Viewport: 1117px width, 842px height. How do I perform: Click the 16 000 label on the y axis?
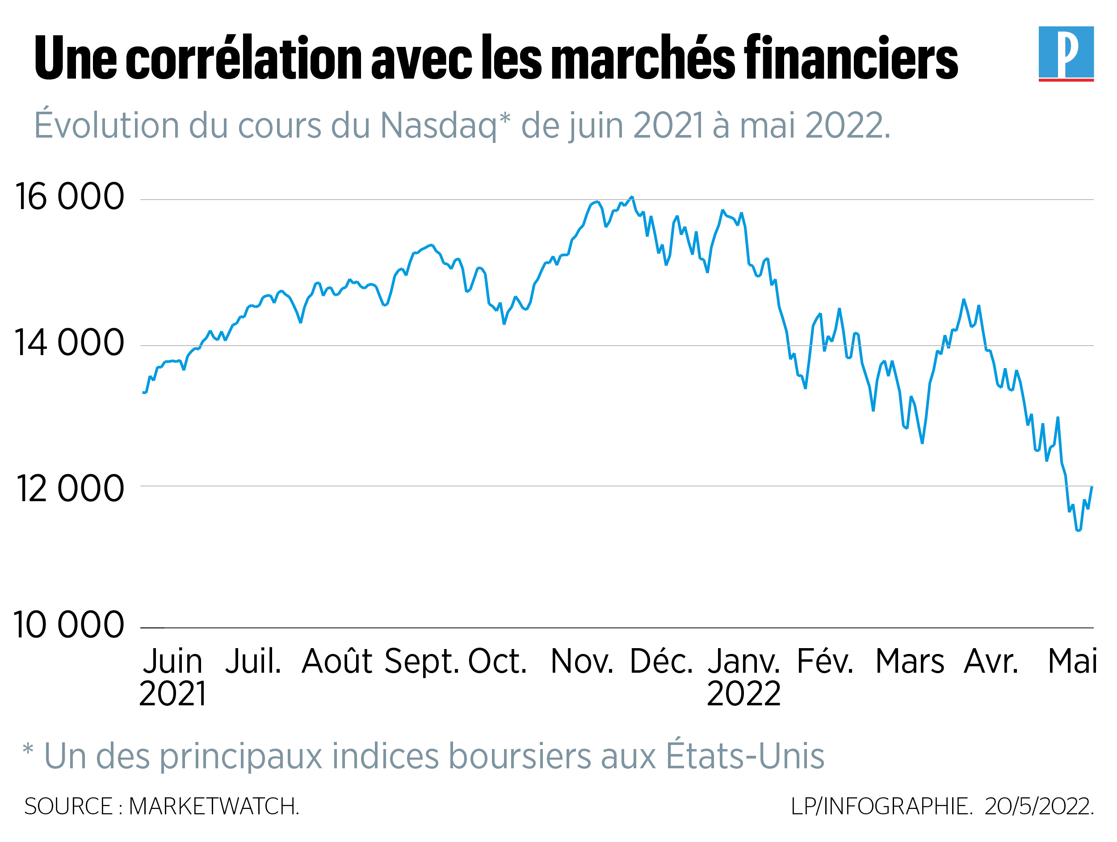tap(70, 197)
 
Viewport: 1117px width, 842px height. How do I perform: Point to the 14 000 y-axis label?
tap(69, 343)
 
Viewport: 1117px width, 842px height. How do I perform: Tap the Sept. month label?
tap(422, 662)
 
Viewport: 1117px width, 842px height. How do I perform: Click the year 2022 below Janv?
tap(743, 694)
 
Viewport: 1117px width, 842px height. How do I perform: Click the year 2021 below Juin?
tap(173, 694)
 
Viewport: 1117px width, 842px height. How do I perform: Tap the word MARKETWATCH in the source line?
tap(214, 806)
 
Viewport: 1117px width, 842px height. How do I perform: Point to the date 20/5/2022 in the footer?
tap(1039, 806)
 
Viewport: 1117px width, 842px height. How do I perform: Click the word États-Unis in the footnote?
tap(745, 756)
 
